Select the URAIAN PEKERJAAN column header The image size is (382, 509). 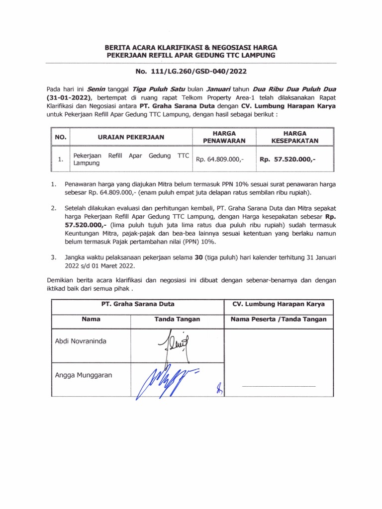[132, 137]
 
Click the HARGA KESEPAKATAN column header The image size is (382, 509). [294, 137]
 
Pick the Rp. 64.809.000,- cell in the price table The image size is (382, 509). [220, 160]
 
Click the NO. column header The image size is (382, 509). [60, 137]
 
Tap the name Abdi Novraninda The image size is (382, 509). [80, 341]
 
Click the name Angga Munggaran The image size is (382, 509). [84, 375]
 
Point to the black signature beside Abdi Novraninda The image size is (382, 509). [171, 344]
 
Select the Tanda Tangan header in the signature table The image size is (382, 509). [177, 319]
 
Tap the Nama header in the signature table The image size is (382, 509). [91, 319]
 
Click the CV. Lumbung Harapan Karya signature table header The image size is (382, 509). [279, 304]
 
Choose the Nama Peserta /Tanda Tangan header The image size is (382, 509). [279, 319]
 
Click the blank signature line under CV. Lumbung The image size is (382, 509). [279, 386]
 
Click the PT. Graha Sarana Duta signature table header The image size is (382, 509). [138, 304]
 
